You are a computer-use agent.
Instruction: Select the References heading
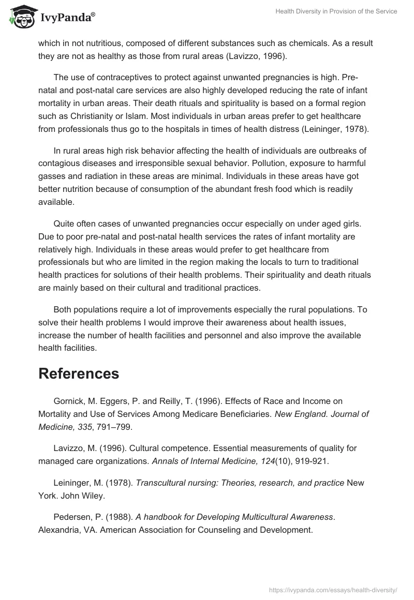[79, 373]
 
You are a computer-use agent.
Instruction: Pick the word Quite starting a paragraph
[64, 224]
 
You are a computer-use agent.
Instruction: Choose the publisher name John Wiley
[83, 495]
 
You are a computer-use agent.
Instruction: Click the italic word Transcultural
[161, 483]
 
